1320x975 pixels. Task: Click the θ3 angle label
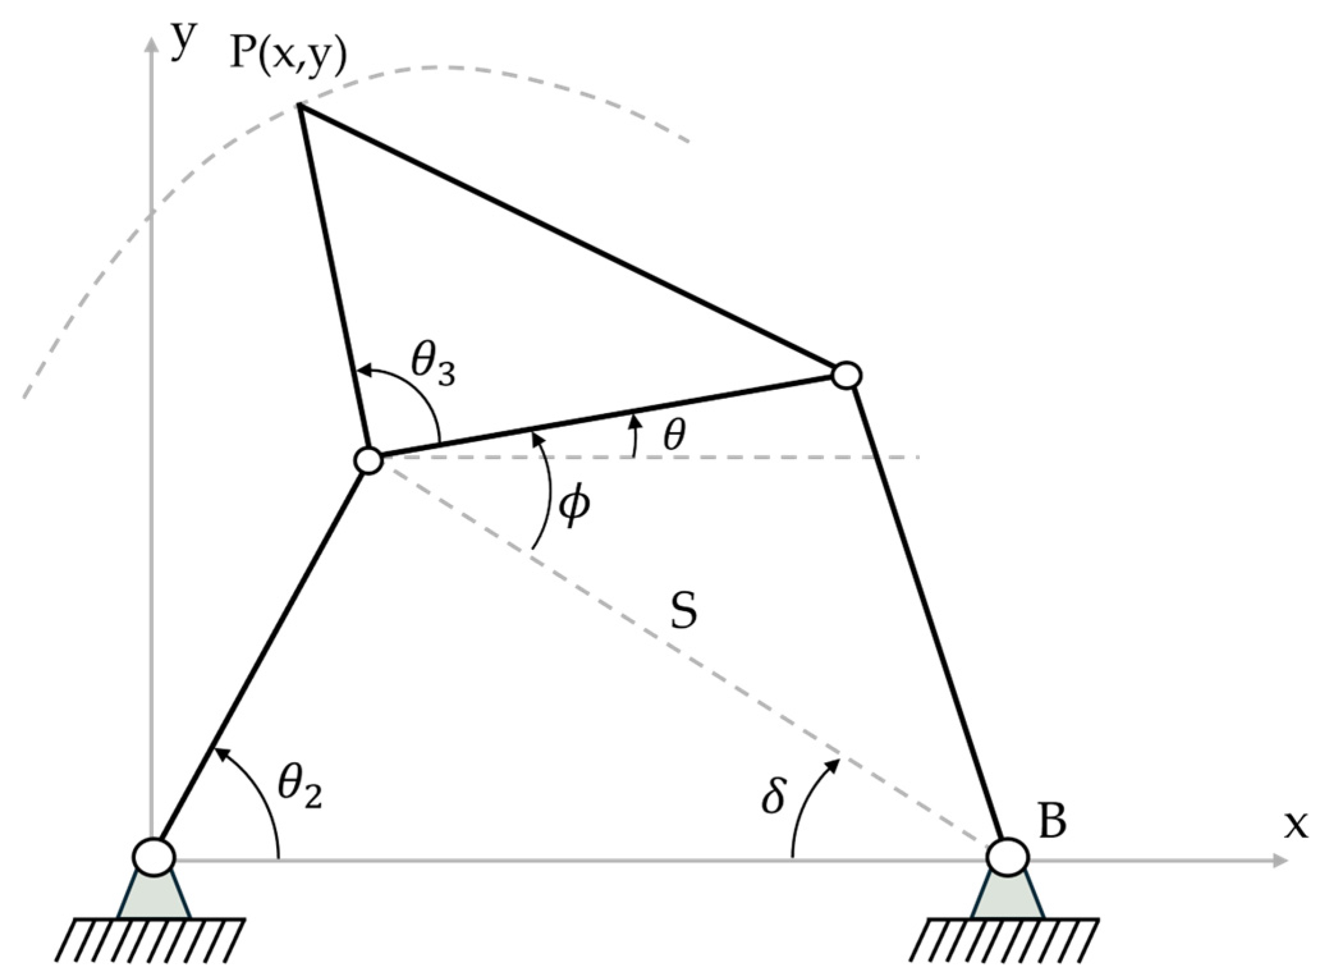coord(433,369)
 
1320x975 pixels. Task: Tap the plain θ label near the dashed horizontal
coord(674,436)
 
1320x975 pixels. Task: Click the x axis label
coord(1295,825)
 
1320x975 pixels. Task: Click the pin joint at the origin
coord(153,856)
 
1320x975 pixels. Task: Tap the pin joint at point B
coord(1007,857)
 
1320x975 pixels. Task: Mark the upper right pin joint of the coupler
coord(847,375)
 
